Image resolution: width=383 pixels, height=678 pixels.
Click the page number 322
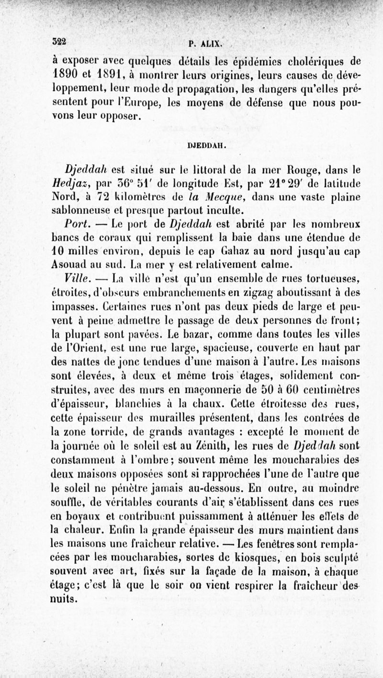point(59,41)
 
